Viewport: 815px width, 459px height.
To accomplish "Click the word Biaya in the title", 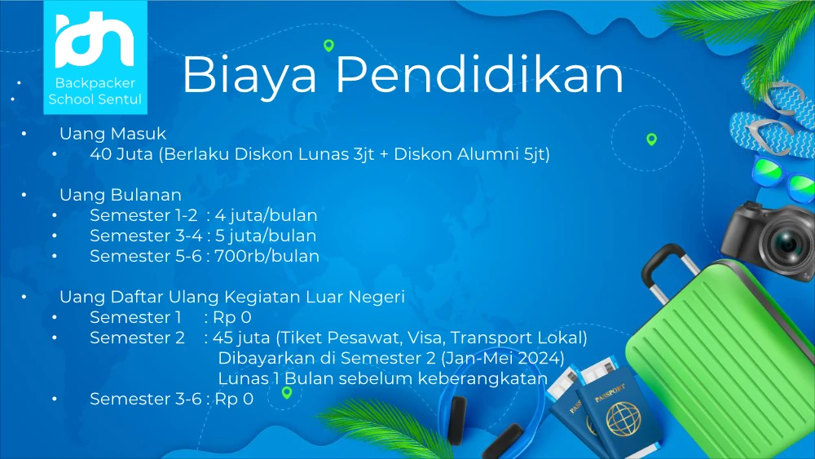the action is point(249,75).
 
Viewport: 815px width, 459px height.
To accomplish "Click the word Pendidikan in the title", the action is point(479,74).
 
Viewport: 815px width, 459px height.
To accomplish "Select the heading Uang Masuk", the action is point(112,134).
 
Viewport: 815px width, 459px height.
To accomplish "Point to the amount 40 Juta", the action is point(121,154).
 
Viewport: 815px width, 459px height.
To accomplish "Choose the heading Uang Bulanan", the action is point(121,194).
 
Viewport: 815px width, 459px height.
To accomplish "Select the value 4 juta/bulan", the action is point(266,215).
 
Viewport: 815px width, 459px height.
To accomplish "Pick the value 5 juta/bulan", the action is point(266,236).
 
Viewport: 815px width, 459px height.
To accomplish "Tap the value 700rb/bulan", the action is point(267,256).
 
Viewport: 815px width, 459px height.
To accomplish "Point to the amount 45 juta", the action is point(241,338).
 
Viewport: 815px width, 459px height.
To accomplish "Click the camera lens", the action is point(786,243).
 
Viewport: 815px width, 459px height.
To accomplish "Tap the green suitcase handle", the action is point(671,271).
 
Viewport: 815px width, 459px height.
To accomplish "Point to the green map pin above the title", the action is point(328,46).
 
